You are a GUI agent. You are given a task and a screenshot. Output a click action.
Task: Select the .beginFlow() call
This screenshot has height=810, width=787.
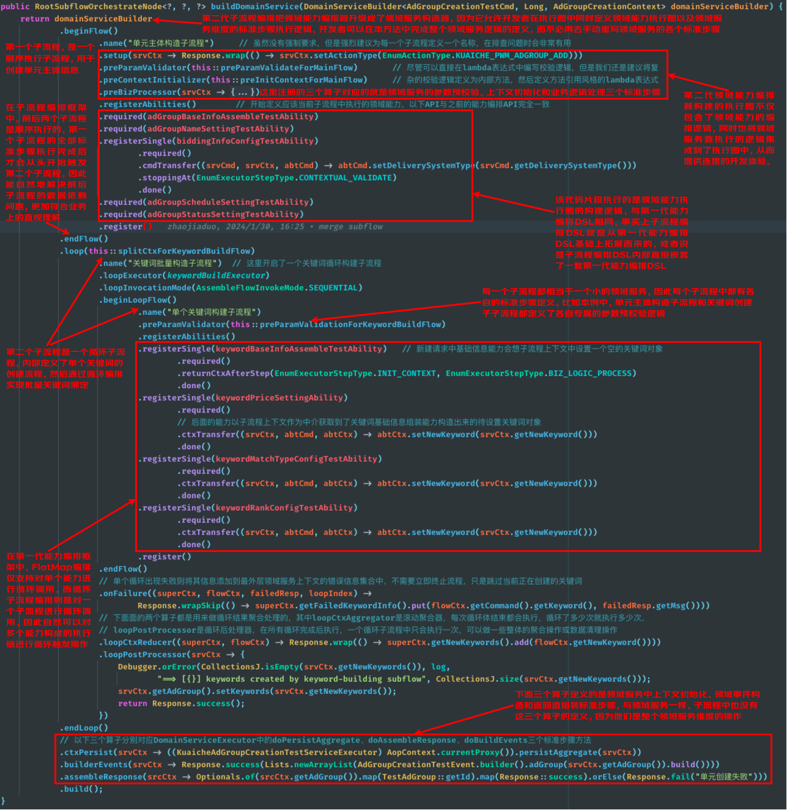89,31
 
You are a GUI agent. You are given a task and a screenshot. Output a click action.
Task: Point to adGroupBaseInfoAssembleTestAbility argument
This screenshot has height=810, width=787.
230,116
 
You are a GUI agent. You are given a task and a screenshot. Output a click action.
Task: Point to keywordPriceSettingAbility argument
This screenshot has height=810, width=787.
279,398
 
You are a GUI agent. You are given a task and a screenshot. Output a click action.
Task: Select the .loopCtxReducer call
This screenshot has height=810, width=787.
135,642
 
